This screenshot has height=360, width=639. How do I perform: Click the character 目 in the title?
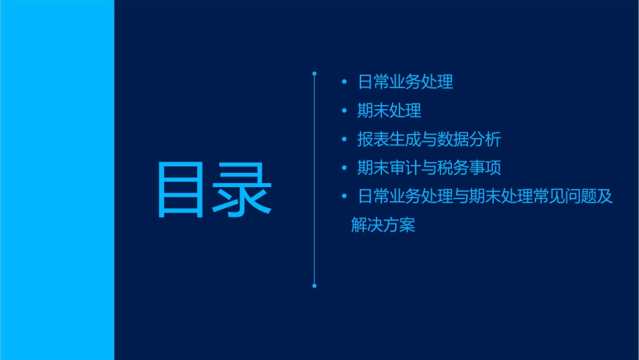(x=181, y=190)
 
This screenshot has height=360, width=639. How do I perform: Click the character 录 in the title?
(x=243, y=190)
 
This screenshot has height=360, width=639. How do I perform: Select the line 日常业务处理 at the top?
(x=405, y=83)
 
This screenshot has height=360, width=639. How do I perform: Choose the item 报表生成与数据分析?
(x=429, y=139)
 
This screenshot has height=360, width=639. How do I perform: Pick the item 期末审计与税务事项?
(x=429, y=168)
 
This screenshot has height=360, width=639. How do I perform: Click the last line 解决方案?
(x=383, y=225)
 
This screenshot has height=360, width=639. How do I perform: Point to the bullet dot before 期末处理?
(x=344, y=111)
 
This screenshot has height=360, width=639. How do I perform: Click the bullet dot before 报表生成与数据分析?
(x=344, y=139)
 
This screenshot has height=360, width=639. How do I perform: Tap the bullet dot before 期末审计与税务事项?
(x=344, y=168)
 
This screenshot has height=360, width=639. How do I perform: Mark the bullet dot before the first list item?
(x=344, y=83)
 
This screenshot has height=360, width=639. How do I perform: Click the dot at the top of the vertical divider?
(x=314, y=72)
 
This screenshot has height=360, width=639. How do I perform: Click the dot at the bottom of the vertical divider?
(x=314, y=285)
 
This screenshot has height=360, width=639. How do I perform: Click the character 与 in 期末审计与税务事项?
(x=429, y=168)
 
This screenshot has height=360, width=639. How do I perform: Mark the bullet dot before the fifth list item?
(x=344, y=196)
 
